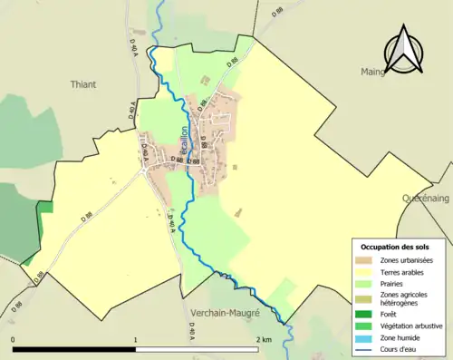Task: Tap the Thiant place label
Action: (x=83, y=84)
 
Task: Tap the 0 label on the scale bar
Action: (x=13, y=340)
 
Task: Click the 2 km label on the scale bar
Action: (x=263, y=340)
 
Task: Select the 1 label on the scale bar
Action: (x=136, y=340)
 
